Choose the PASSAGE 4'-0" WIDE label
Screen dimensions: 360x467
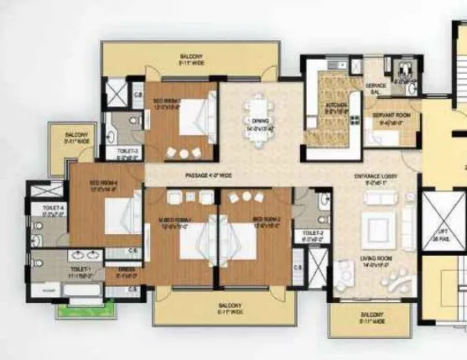[x=209, y=175]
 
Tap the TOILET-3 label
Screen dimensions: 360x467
[x=127, y=153]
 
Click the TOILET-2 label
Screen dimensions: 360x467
[x=314, y=234]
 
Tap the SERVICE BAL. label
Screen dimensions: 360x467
[x=376, y=87]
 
